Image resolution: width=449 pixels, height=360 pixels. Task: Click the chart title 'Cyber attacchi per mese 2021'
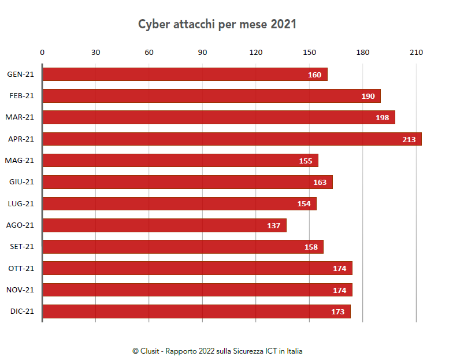coord(217,24)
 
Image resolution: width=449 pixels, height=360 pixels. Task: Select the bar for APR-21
coord(232,139)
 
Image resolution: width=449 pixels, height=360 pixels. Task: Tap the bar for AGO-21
coord(164,225)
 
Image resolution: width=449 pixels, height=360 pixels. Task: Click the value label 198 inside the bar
coord(383,118)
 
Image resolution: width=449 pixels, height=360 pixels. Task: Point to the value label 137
coord(274,225)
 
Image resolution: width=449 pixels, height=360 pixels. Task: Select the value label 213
coord(409,139)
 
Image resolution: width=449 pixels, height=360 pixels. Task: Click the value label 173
coord(338,311)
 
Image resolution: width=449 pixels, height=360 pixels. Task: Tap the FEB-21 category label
coord(22,96)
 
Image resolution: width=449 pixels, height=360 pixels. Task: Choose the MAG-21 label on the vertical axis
coord(20,161)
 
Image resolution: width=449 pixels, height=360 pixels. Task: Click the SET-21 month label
coord(22,247)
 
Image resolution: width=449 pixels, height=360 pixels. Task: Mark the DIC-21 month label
coord(22,311)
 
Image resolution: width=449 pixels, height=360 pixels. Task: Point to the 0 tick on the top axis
coord(42,53)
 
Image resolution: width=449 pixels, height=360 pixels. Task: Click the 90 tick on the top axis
coord(202,53)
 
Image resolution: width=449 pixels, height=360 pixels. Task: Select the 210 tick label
coord(416,53)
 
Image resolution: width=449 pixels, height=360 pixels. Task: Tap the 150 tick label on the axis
coord(309,53)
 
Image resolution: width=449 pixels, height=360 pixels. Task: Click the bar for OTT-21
coord(197,268)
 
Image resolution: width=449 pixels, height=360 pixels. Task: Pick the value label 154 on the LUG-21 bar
coord(304,204)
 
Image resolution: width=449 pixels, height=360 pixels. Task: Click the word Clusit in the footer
coord(150,351)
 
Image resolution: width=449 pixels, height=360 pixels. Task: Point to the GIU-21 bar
coord(187,182)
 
